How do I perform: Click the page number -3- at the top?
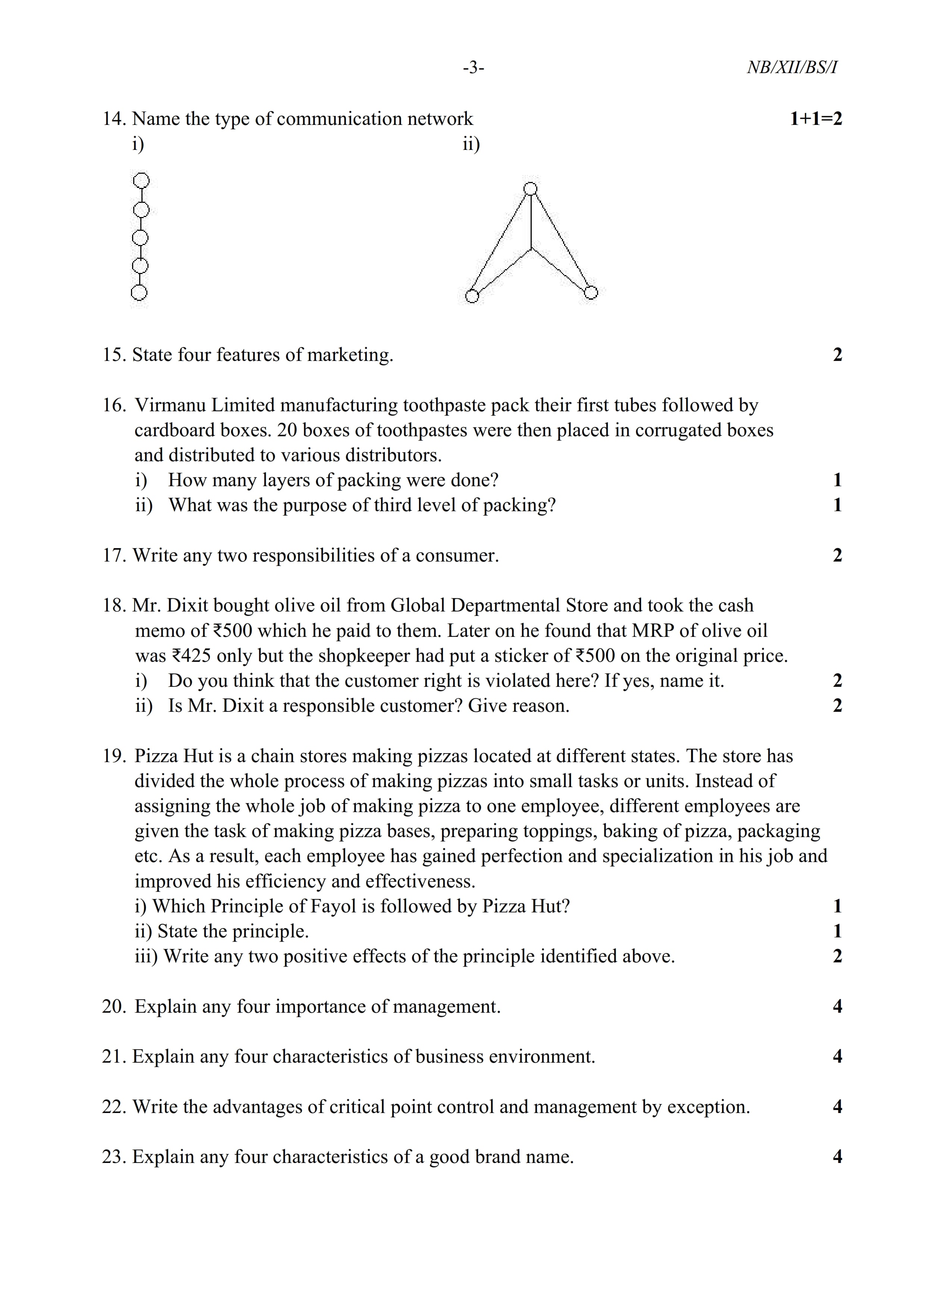(x=473, y=68)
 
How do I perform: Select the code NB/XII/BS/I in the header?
(x=792, y=68)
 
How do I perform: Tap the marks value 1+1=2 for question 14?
(x=816, y=119)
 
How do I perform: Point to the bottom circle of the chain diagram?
(x=139, y=293)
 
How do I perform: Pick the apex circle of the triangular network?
(x=531, y=189)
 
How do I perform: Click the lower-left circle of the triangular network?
(x=472, y=296)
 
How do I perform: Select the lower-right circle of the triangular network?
(x=591, y=292)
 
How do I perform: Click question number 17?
(x=113, y=556)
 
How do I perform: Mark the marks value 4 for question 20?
(x=837, y=1007)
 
